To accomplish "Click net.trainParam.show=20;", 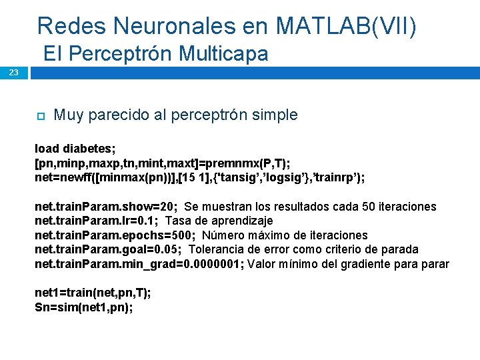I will point(106,207).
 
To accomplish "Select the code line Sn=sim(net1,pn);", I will point(83,307).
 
